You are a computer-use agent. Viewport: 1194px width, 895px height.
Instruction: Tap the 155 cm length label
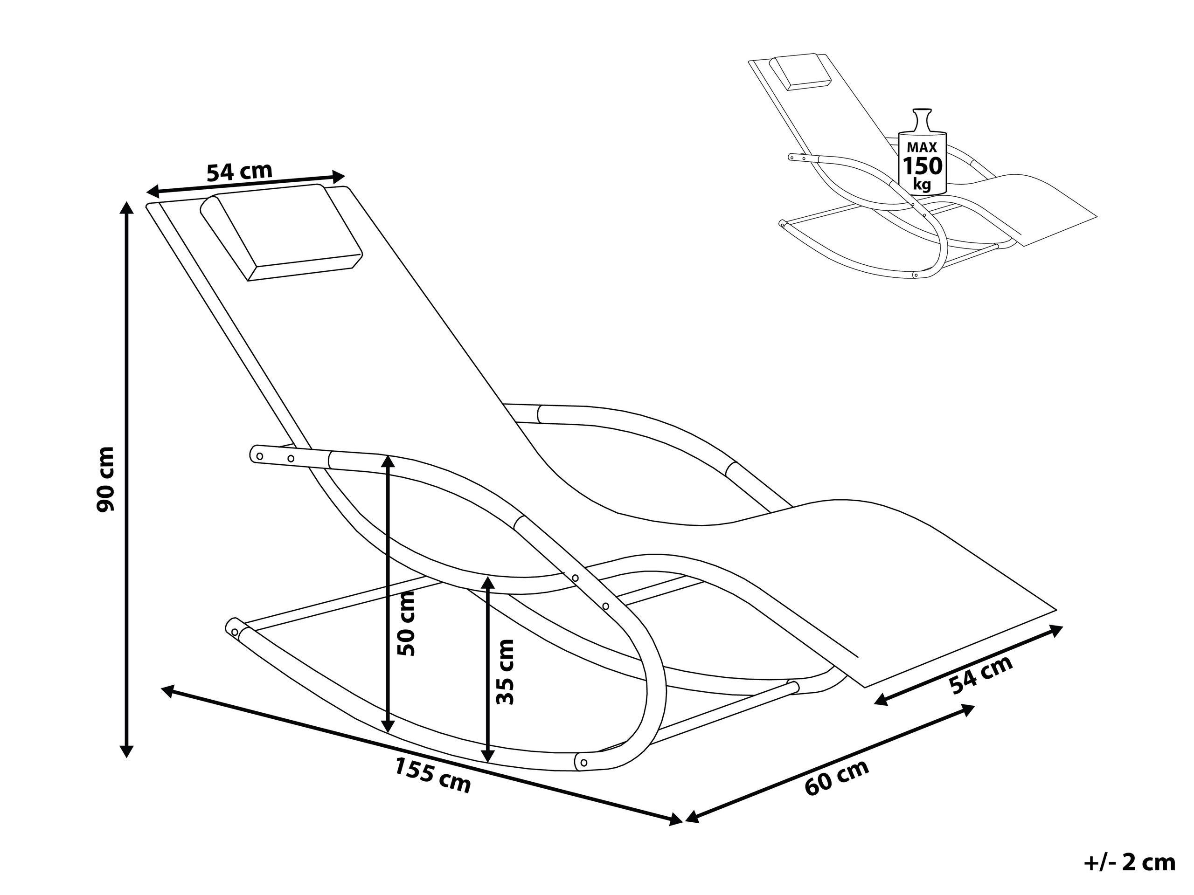coord(432,776)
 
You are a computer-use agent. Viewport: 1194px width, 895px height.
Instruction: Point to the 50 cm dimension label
coord(406,623)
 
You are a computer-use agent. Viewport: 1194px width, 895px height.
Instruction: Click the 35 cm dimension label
coord(505,672)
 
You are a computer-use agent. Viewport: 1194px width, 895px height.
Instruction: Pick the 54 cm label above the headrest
coord(240,172)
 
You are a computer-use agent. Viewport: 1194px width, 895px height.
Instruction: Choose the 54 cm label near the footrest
coord(981,675)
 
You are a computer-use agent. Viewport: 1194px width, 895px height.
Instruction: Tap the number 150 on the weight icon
coord(923,165)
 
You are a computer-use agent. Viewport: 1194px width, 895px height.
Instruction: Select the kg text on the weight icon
coord(923,185)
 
